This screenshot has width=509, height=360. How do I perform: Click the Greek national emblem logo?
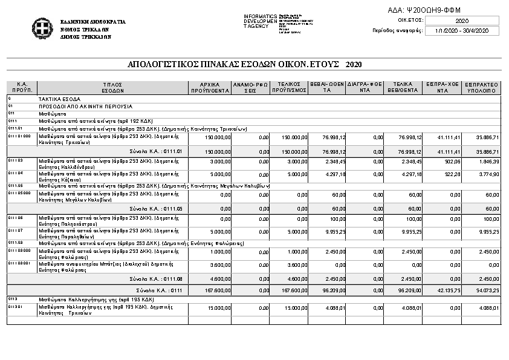[x=41, y=28]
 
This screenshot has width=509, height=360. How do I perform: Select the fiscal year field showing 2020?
[x=462, y=21]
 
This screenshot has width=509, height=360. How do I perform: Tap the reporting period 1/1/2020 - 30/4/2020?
[x=462, y=30]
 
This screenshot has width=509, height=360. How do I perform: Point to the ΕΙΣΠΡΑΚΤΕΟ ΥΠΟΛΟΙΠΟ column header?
[x=482, y=87]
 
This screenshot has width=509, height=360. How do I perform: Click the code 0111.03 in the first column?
[x=15, y=160]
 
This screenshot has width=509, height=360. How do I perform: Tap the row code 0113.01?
[x=15, y=306]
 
